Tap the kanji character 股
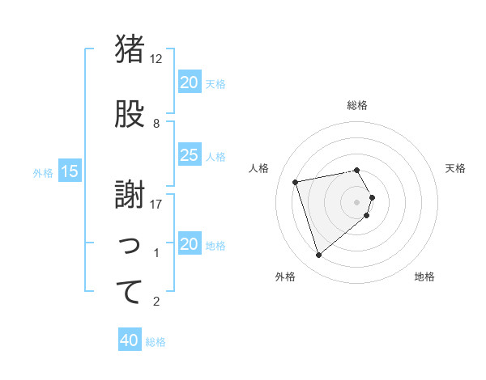[129, 115]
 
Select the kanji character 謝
[129, 193]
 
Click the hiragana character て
[129, 292]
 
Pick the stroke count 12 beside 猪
[156, 59]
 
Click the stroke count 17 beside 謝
[156, 204]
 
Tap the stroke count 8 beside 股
[156, 124]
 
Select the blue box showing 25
[189, 155]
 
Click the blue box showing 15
[69, 171]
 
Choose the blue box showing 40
[130, 341]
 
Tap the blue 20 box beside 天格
[189, 82]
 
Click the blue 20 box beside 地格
[189, 244]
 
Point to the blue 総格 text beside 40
[156, 342]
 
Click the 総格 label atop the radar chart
[356, 105]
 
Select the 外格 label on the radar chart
[285, 277]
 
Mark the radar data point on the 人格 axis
[296, 181]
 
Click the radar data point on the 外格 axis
[318, 255]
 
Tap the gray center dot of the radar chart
[356, 201]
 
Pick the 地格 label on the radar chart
[424, 277]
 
